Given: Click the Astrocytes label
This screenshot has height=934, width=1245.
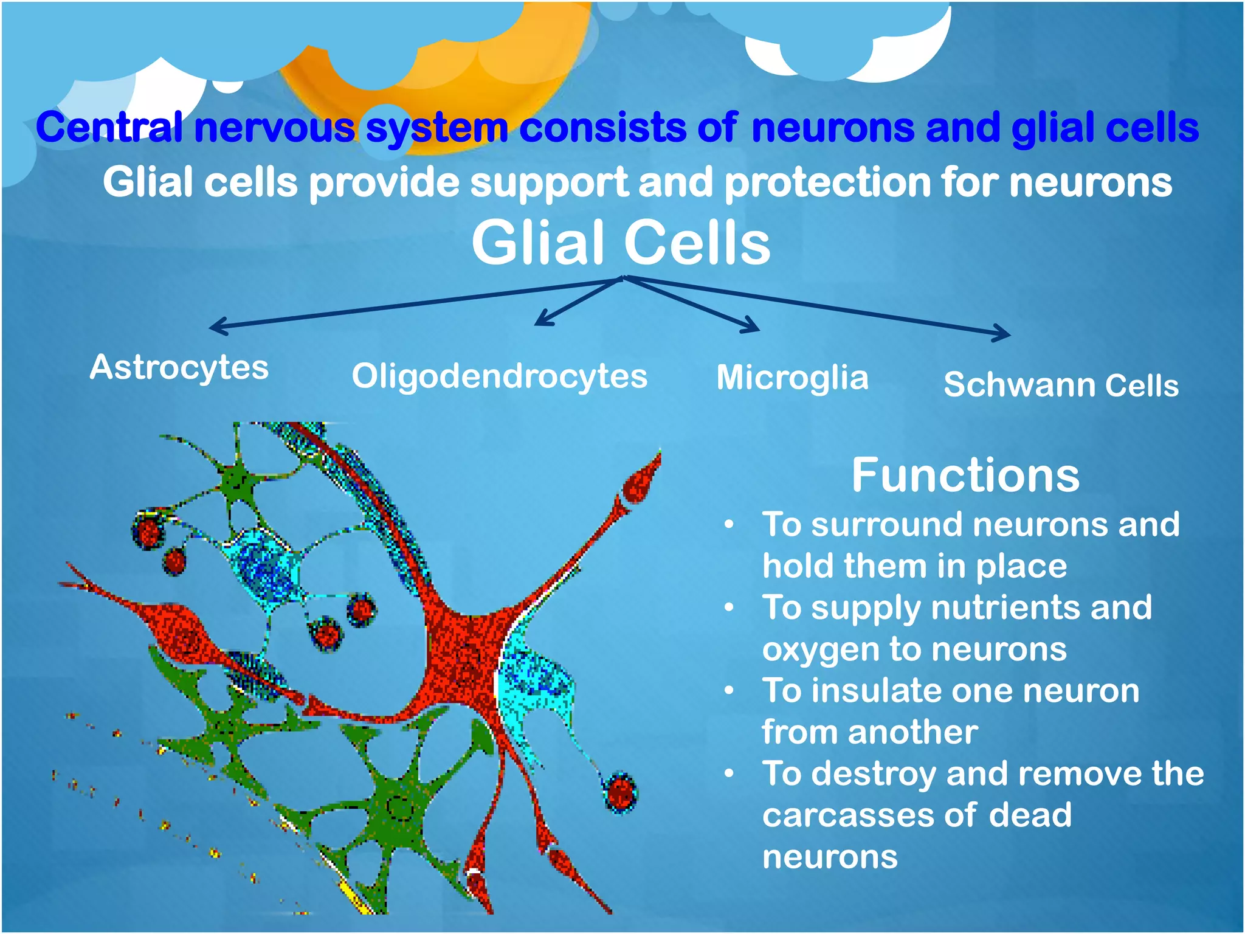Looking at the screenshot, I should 179,367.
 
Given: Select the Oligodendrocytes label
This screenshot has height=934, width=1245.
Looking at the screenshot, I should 499,376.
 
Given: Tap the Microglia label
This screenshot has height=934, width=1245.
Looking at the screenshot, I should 792,378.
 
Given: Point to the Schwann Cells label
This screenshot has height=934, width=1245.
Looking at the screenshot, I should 1061,385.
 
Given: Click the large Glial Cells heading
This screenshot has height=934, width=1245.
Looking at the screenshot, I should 621,243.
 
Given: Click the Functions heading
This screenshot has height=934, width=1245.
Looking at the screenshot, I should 965,475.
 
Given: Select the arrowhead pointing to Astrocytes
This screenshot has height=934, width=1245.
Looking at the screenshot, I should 214,327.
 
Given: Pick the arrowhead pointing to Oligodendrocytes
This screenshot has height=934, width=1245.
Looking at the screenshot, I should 540,321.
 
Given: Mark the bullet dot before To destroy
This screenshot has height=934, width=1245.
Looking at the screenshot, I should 729,773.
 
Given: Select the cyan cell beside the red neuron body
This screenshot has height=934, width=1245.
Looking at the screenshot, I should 535,681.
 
